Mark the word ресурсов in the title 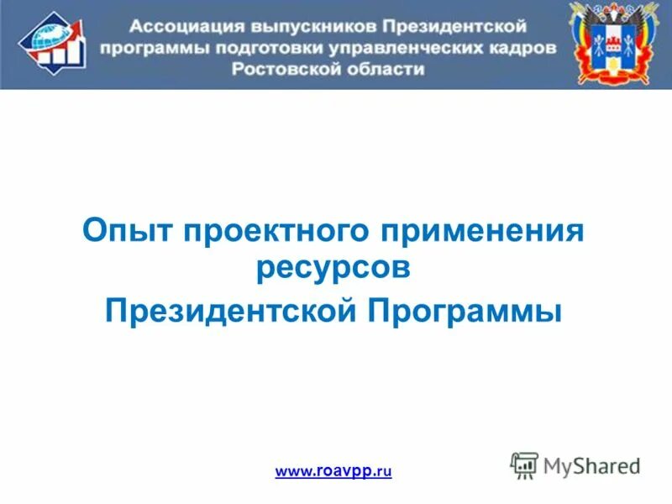[x=334, y=270]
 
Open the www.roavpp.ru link [x=333, y=472]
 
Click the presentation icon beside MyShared [x=523, y=465]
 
